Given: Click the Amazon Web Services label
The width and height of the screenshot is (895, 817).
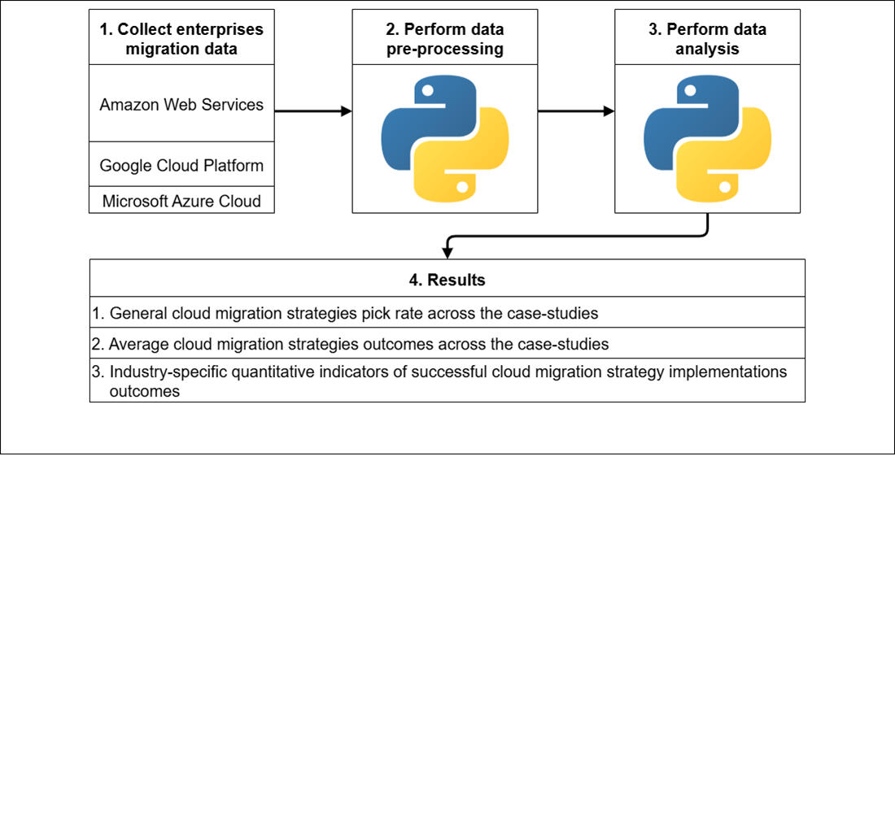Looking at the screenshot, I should pos(181,105).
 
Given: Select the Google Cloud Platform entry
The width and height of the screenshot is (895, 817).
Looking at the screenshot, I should pos(181,166).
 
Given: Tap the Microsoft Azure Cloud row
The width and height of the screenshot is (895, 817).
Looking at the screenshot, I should pos(181,201).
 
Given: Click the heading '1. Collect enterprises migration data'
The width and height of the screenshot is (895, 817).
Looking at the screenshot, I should pos(181,38).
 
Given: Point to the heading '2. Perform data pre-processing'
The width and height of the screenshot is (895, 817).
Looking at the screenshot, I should pos(444,38).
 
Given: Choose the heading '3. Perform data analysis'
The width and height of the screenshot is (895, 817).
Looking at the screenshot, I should pos(707,38).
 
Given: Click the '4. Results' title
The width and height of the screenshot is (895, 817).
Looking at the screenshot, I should pos(447,280).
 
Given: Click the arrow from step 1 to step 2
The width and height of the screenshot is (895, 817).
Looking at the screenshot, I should pos(312,111).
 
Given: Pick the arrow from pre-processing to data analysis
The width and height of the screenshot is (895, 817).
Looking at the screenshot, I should pos(575,111).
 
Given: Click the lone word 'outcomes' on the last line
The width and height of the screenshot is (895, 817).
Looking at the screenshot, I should pos(144,391).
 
